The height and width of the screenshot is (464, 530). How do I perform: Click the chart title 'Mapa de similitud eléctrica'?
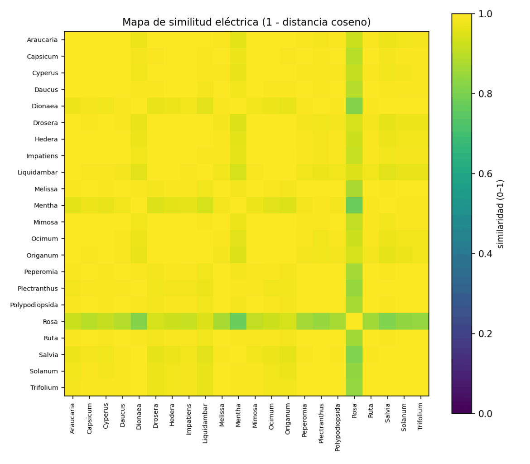click(x=246, y=22)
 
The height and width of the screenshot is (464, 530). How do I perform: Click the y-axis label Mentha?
click(x=46, y=206)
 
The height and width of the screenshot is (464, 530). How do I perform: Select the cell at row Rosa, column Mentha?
click(x=238, y=321)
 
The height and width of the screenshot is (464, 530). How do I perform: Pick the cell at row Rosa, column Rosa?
click(x=354, y=321)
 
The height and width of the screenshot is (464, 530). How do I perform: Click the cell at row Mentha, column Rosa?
click(x=354, y=206)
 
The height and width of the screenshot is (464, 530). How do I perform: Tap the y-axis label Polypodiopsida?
click(x=34, y=305)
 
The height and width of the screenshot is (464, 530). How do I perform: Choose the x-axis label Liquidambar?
click(x=205, y=423)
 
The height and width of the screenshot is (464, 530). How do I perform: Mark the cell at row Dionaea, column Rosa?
click(x=354, y=106)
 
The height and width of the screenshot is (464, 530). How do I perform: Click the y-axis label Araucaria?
click(x=43, y=40)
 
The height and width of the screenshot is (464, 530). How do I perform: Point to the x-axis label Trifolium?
click(x=420, y=417)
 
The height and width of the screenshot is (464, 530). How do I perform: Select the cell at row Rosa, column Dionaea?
click(x=139, y=321)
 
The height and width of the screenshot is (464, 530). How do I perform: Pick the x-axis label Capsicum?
click(x=89, y=418)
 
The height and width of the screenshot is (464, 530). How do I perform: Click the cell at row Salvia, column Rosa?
click(x=354, y=354)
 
